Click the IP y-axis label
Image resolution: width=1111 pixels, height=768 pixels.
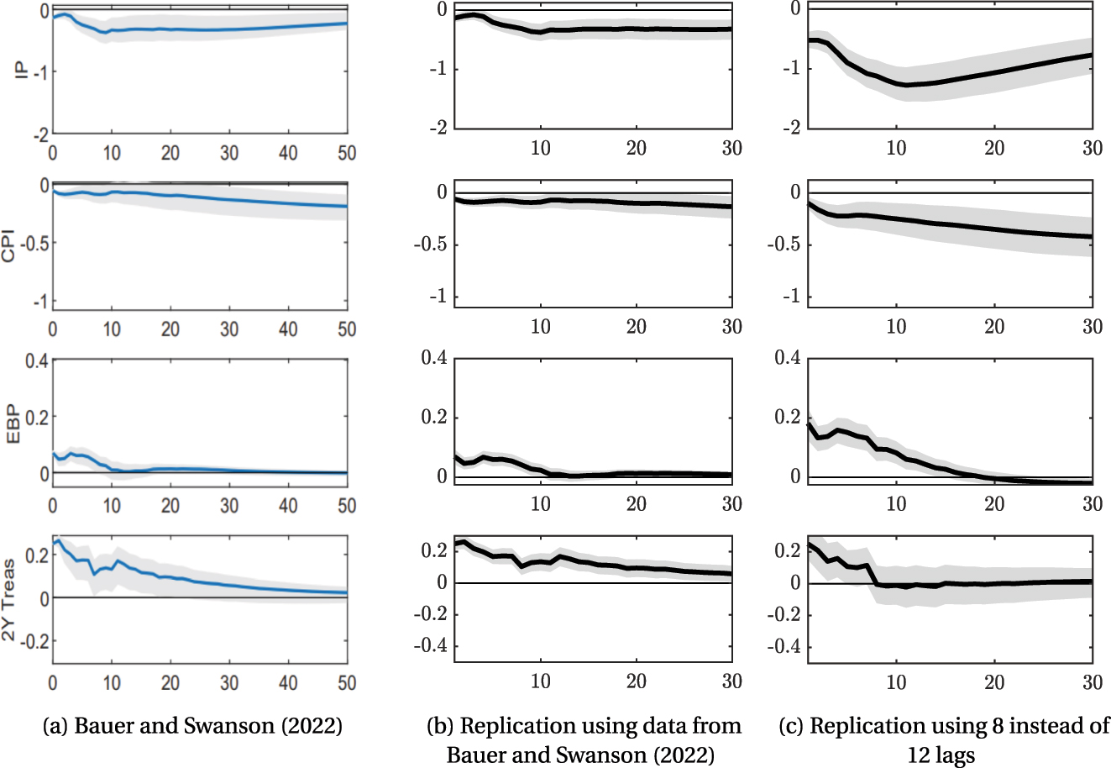pyautogui.click(x=22, y=71)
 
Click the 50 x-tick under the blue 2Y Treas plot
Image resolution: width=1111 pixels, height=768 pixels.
pyautogui.click(x=347, y=682)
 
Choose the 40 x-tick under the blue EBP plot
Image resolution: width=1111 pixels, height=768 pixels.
pyautogui.click(x=288, y=505)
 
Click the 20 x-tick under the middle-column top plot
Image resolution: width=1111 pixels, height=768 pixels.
pyautogui.click(x=637, y=149)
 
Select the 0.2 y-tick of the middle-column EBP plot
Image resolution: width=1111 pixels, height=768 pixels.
pyautogui.click(x=432, y=418)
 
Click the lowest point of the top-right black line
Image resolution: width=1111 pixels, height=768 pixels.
pyautogui.click(x=906, y=85)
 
